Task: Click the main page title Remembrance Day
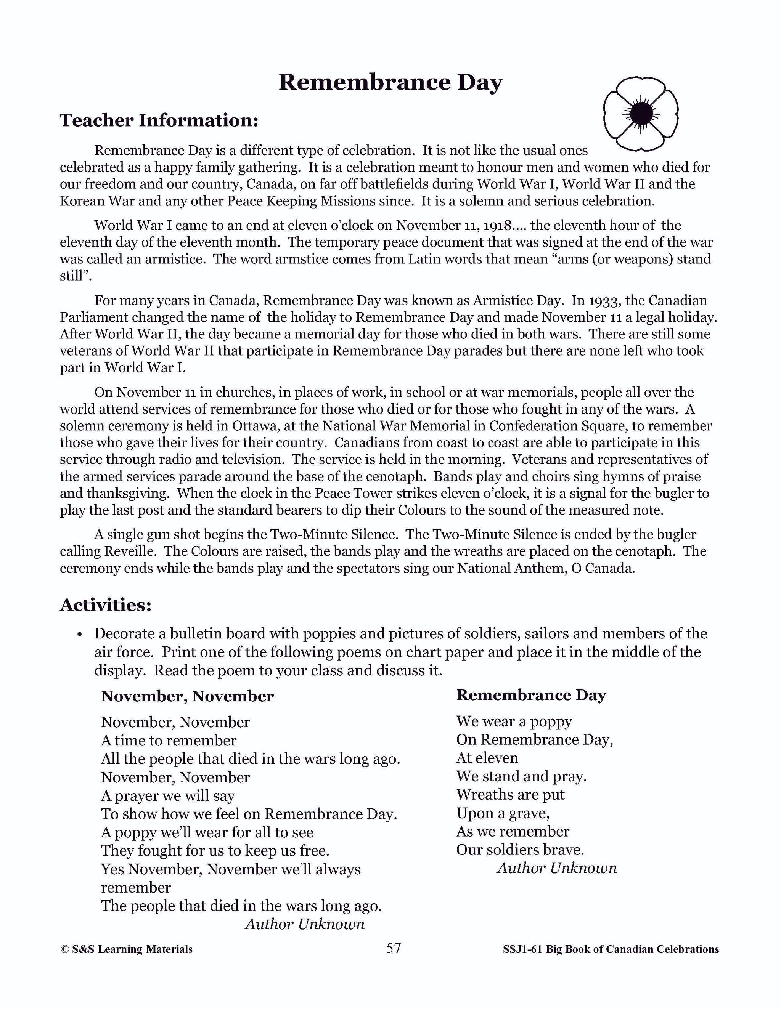tap(390, 83)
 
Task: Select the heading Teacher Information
tap(159, 121)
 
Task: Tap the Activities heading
tap(106, 605)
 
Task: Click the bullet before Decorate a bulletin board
tap(80, 635)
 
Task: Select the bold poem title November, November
tap(187, 696)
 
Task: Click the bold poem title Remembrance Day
tap(531, 695)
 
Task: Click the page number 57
tap(393, 949)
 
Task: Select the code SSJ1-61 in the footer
tap(522, 949)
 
